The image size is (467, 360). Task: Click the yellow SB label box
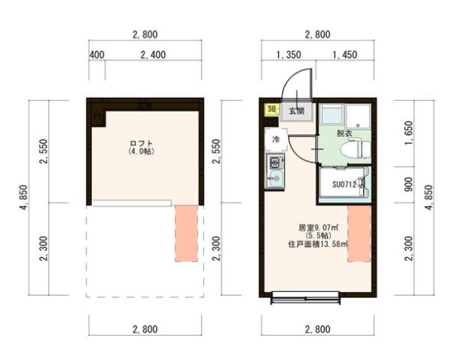271,109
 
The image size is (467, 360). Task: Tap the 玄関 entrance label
296,110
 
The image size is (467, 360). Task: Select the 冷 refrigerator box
274,139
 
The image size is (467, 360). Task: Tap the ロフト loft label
141,144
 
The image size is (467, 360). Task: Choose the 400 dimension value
96,55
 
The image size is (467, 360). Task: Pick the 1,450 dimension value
345,55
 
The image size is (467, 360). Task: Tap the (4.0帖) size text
141,153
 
